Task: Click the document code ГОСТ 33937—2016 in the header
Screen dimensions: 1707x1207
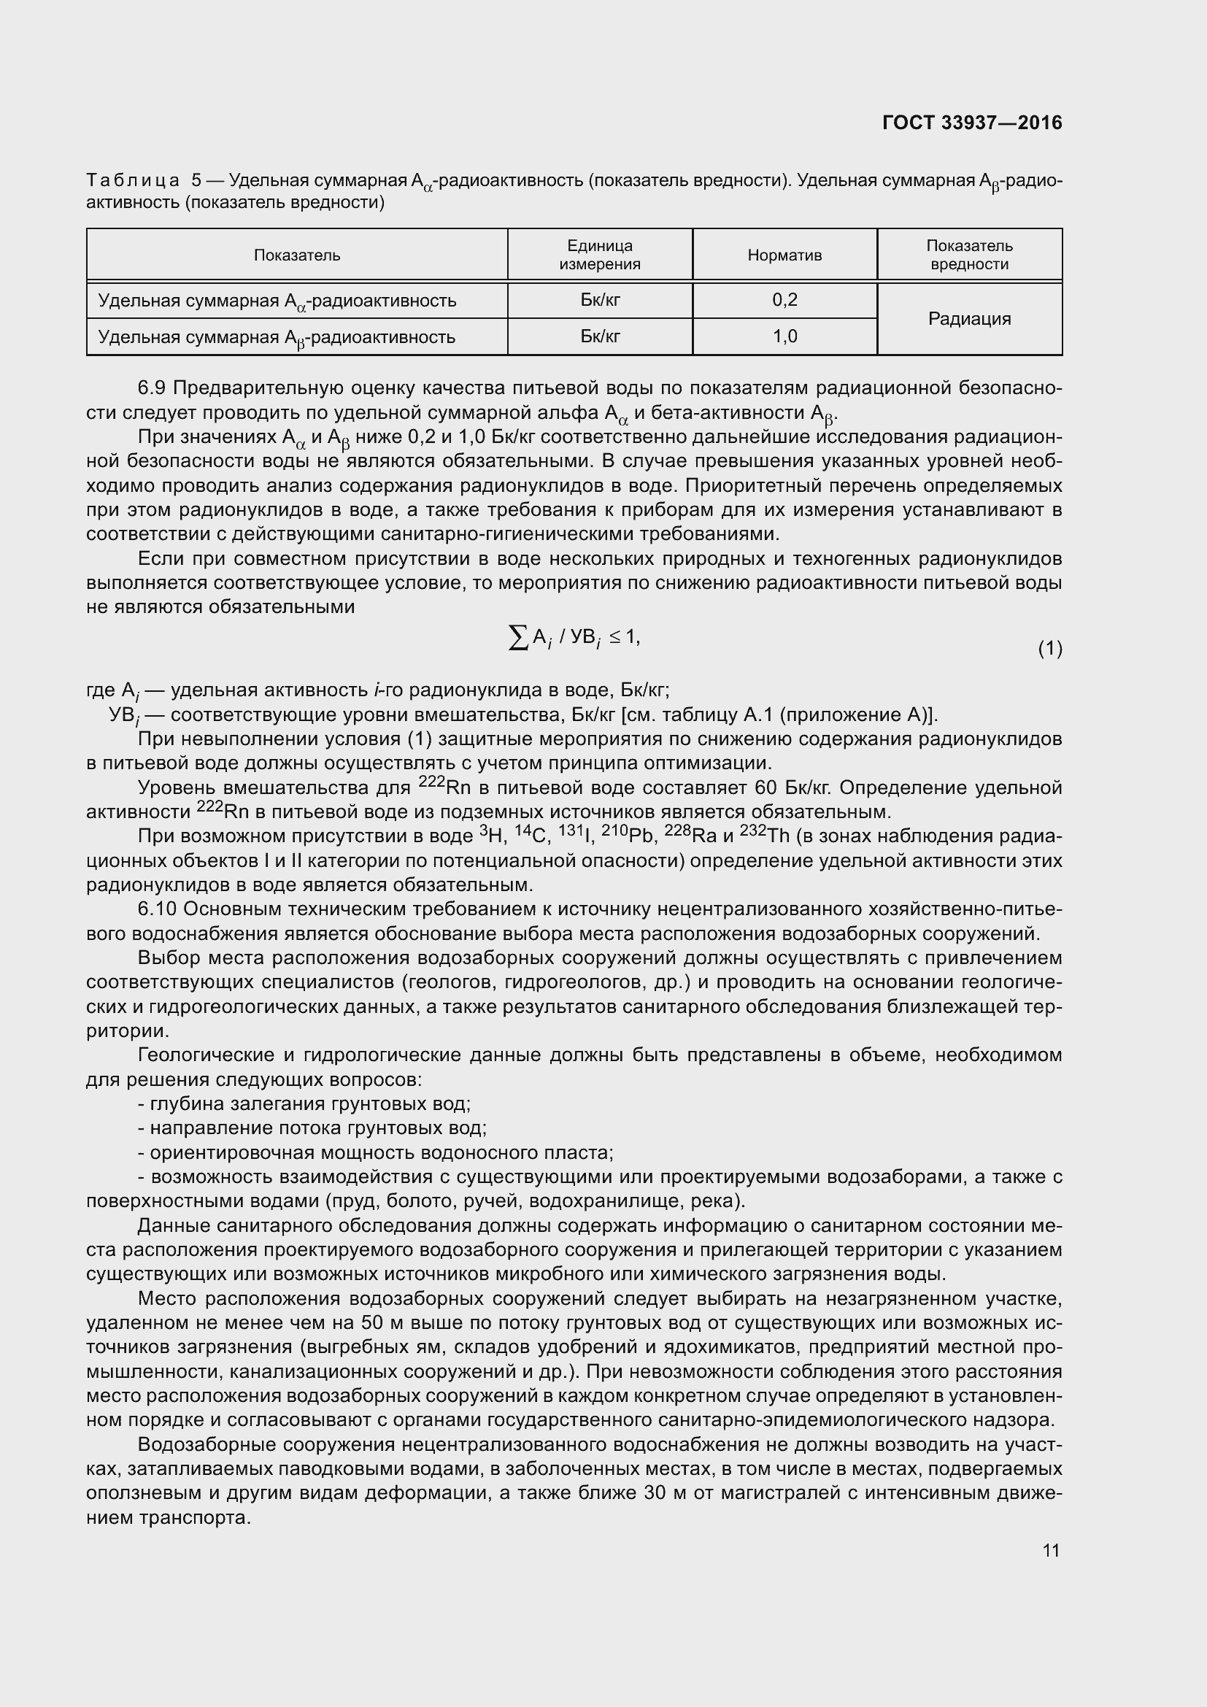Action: click(972, 123)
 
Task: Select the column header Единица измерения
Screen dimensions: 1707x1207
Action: click(599, 255)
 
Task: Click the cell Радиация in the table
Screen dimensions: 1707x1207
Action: click(969, 318)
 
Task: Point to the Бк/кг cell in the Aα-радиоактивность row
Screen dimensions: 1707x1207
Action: click(599, 300)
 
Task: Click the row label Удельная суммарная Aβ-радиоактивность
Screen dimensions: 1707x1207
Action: click(277, 338)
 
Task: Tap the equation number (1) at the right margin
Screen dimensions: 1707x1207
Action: click(1049, 648)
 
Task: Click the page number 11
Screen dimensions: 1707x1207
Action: click(1050, 1550)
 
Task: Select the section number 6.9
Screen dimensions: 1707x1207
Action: click(153, 388)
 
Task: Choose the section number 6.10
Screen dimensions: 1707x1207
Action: click(157, 909)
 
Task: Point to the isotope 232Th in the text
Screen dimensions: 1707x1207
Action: click(765, 836)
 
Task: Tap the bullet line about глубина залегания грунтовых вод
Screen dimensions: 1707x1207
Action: click(305, 1104)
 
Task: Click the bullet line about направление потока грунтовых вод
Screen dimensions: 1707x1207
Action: click(312, 1128)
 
